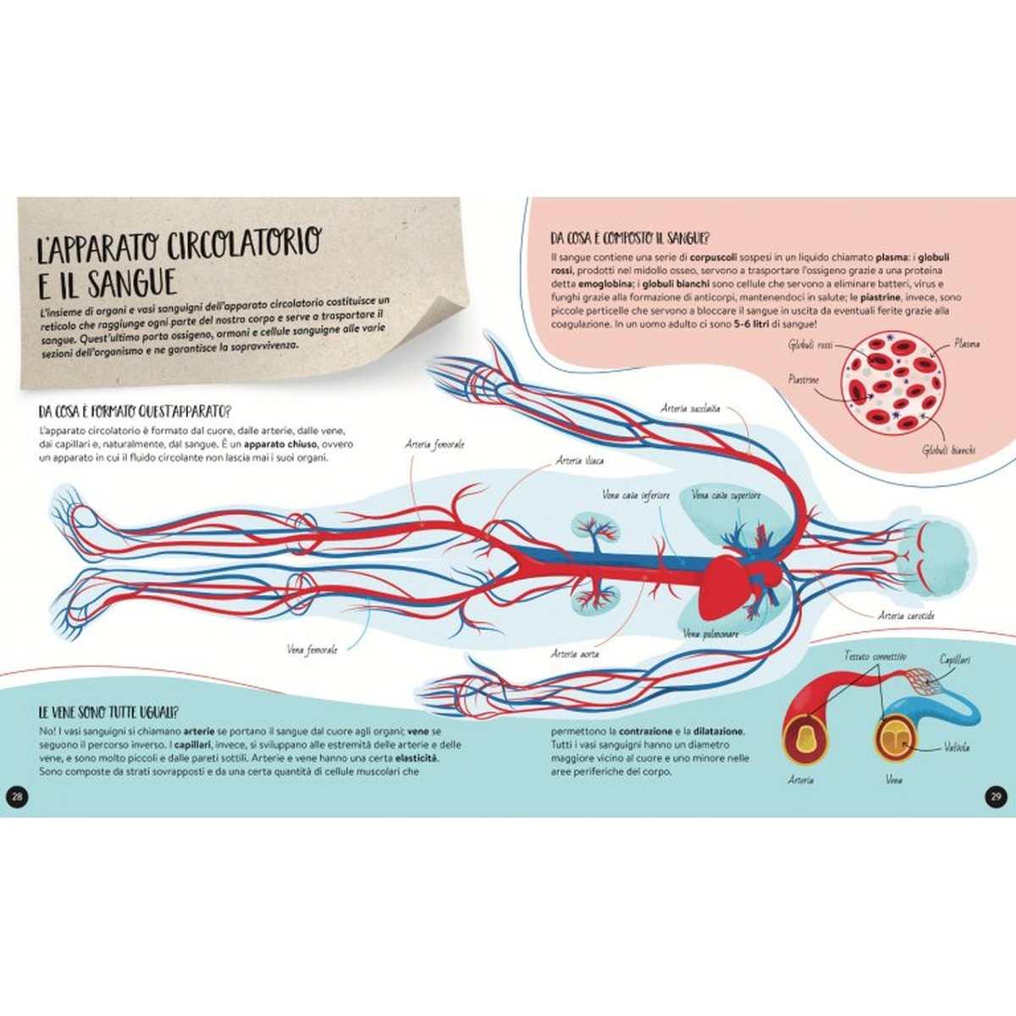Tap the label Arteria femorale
point(435,444)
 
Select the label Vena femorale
point(312,649)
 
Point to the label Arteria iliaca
point(578,461)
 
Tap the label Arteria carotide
point(906,616)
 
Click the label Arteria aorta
point(574,653)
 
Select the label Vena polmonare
point(710,632)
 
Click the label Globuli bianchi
point(948,449)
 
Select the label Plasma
point(966,344)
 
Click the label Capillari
point(954,659)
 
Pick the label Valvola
point(958,747)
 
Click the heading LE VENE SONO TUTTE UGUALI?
point(113,712)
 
